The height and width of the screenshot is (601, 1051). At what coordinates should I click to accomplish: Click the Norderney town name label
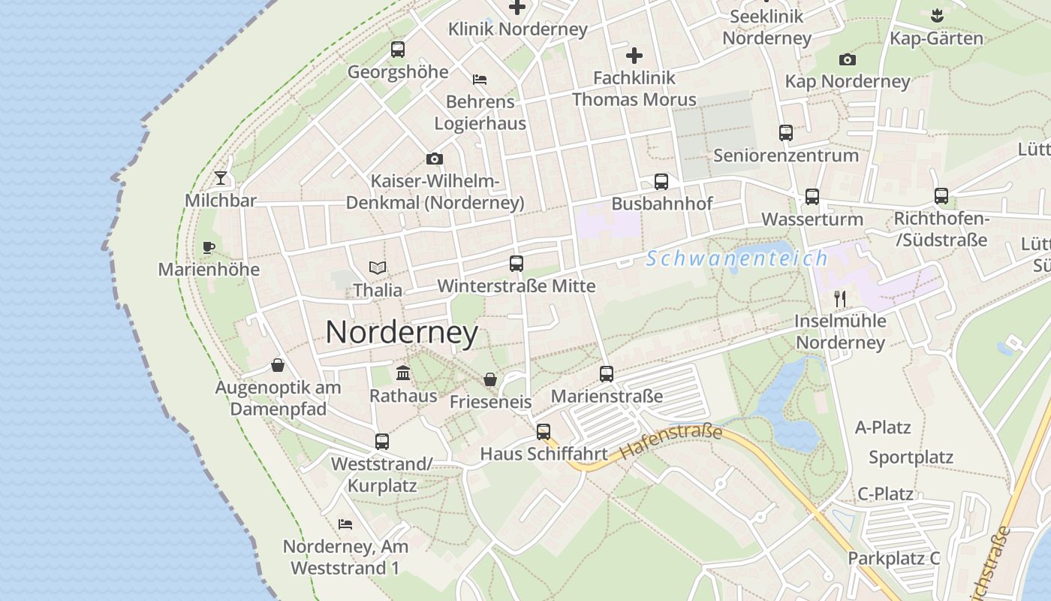[x=402, y=333]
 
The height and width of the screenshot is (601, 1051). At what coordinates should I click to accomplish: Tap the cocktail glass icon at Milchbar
[x=221, y=178]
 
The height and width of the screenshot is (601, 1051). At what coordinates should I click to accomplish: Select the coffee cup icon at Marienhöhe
[x=209, y=247]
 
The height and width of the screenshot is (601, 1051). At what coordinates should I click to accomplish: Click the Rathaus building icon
[x=403, y=373]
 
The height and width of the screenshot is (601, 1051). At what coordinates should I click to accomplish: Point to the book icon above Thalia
[x=378, y=267]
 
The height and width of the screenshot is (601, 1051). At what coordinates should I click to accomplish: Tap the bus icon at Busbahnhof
[x=661, y=181]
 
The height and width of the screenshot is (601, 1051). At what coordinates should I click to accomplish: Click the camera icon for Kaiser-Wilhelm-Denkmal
[x=434, y=159]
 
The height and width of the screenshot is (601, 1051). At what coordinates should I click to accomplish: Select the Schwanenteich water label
[x=736, y=258]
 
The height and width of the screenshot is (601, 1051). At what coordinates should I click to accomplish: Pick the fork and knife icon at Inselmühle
[x=840, y=299]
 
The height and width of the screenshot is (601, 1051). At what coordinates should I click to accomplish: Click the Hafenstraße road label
[x=671, y=442]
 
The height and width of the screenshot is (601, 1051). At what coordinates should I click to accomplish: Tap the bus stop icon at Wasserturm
[x=812, y=197]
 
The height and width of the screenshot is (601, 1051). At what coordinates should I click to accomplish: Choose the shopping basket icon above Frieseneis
[x=490, y=379]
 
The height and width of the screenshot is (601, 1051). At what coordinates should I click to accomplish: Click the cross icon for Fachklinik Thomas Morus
[x=634, y=56]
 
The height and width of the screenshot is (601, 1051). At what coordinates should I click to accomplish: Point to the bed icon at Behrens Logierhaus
[x=480, y=79]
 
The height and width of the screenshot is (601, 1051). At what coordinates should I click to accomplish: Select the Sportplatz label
[x=911, y=458]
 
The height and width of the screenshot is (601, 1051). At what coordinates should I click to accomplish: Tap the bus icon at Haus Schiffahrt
[x=544, y=432]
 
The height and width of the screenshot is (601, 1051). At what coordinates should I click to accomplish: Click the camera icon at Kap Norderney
[x=848, y=59]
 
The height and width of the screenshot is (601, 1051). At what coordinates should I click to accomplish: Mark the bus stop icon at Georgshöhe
[x=398, y=50]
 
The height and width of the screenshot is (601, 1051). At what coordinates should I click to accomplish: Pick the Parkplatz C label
[x=893, y=558]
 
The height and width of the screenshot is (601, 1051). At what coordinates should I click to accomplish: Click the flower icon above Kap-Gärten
[x=936, y=15]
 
